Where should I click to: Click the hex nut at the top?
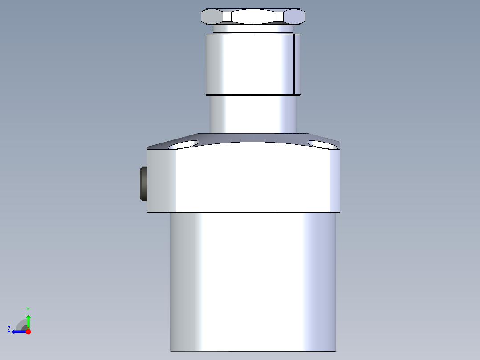pyautogui.click(x=253, y=16)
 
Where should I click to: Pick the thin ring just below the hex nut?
pyautogui.click(x=253, y=29)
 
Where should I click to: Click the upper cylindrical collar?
pyautogui.click(x=249, y=65)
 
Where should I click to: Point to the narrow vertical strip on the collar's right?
pyautogui.click(x=297, y=65)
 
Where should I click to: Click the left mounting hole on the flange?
pyautogui.click(x=183, y=144)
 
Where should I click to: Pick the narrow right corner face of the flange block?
pyautogui.click(x=335, y=180)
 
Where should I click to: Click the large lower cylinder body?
pyautogui.click(x=253, y=281)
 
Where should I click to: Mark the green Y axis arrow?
pyautogui.click(x=28, y=321)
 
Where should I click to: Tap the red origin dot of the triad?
pyautogui.click(x=28, y=331)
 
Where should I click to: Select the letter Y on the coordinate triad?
pyautogui.click(x=28, y=309)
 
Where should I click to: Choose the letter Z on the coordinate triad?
pyautogui.click(x=9, y=329)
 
